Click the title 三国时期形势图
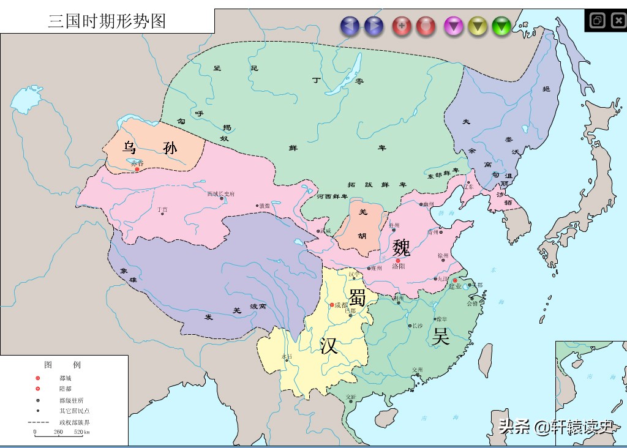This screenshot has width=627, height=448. click(107, 21)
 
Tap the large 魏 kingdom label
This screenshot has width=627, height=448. click(402, 248)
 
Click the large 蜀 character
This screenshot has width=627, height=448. click(358, 297)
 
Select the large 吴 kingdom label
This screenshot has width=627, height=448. click(441, 336)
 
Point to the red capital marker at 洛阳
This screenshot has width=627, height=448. click(397, 261)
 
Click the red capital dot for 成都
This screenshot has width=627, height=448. click(332, 305)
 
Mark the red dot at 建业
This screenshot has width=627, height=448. click(455, 281)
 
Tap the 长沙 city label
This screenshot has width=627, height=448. click(418, 326)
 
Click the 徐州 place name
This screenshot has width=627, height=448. click(443, 255)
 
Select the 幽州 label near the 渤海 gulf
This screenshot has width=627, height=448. click(428, 204)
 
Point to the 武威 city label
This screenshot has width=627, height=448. click(325, 231)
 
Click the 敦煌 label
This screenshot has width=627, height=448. click(264, 206)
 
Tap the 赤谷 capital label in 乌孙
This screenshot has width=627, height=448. click(137, 163)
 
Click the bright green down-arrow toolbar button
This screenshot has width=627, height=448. click(501, 26)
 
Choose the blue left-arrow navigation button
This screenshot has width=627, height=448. click(350, 26)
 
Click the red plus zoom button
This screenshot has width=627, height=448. click(402, 26)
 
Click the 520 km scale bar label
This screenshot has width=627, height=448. click(82, 432)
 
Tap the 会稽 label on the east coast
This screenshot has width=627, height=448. click(472, 303)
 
